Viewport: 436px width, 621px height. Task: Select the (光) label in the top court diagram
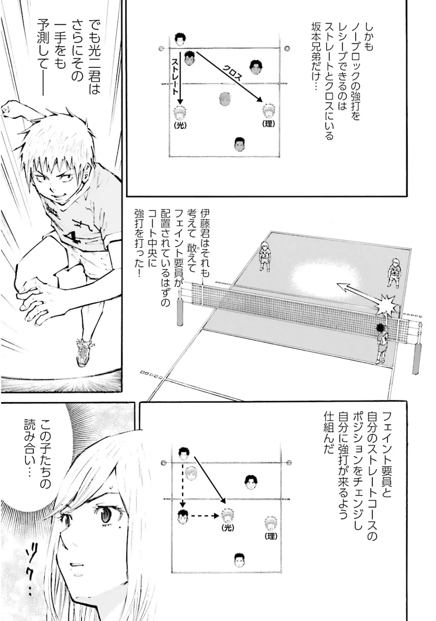click(x=180, y=125)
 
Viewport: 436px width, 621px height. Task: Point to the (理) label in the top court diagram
click(x=268, y=124)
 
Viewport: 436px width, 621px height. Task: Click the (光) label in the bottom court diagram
click(x=228, y=528)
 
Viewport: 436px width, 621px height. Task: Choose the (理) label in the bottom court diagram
click(x=271, y=536)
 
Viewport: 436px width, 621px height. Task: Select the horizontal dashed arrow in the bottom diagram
click(x=205, y=516)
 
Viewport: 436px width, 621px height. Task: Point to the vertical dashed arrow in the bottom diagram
click(x=182, y=483)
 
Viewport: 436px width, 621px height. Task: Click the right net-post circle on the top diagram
click(x=287, y=48)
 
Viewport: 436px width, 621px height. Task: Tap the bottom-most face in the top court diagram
click(x=239, y=144)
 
